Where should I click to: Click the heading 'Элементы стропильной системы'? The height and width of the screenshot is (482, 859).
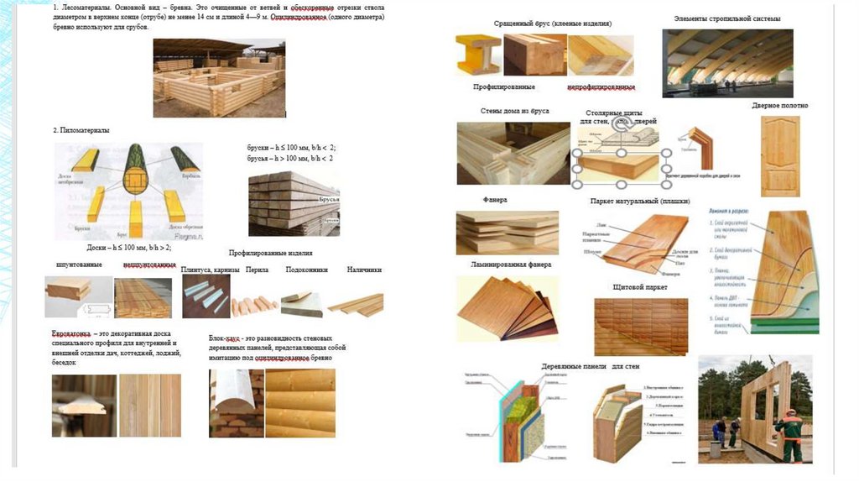726,18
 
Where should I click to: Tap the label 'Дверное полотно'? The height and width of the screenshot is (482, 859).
779,106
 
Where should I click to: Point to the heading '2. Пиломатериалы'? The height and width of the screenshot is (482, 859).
81,130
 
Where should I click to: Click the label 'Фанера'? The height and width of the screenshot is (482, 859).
494,200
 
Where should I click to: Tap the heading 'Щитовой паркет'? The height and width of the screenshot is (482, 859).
640,287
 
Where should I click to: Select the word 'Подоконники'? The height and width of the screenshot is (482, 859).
306,270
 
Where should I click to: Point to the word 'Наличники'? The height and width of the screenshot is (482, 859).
364,270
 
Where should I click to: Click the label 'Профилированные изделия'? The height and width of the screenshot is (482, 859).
271,253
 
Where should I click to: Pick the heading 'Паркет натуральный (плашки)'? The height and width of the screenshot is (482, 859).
643,202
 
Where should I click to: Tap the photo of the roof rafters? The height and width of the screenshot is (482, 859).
726,63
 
